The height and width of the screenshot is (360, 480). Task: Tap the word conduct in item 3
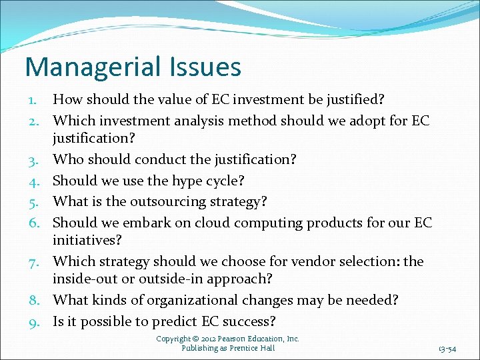point(159,160)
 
